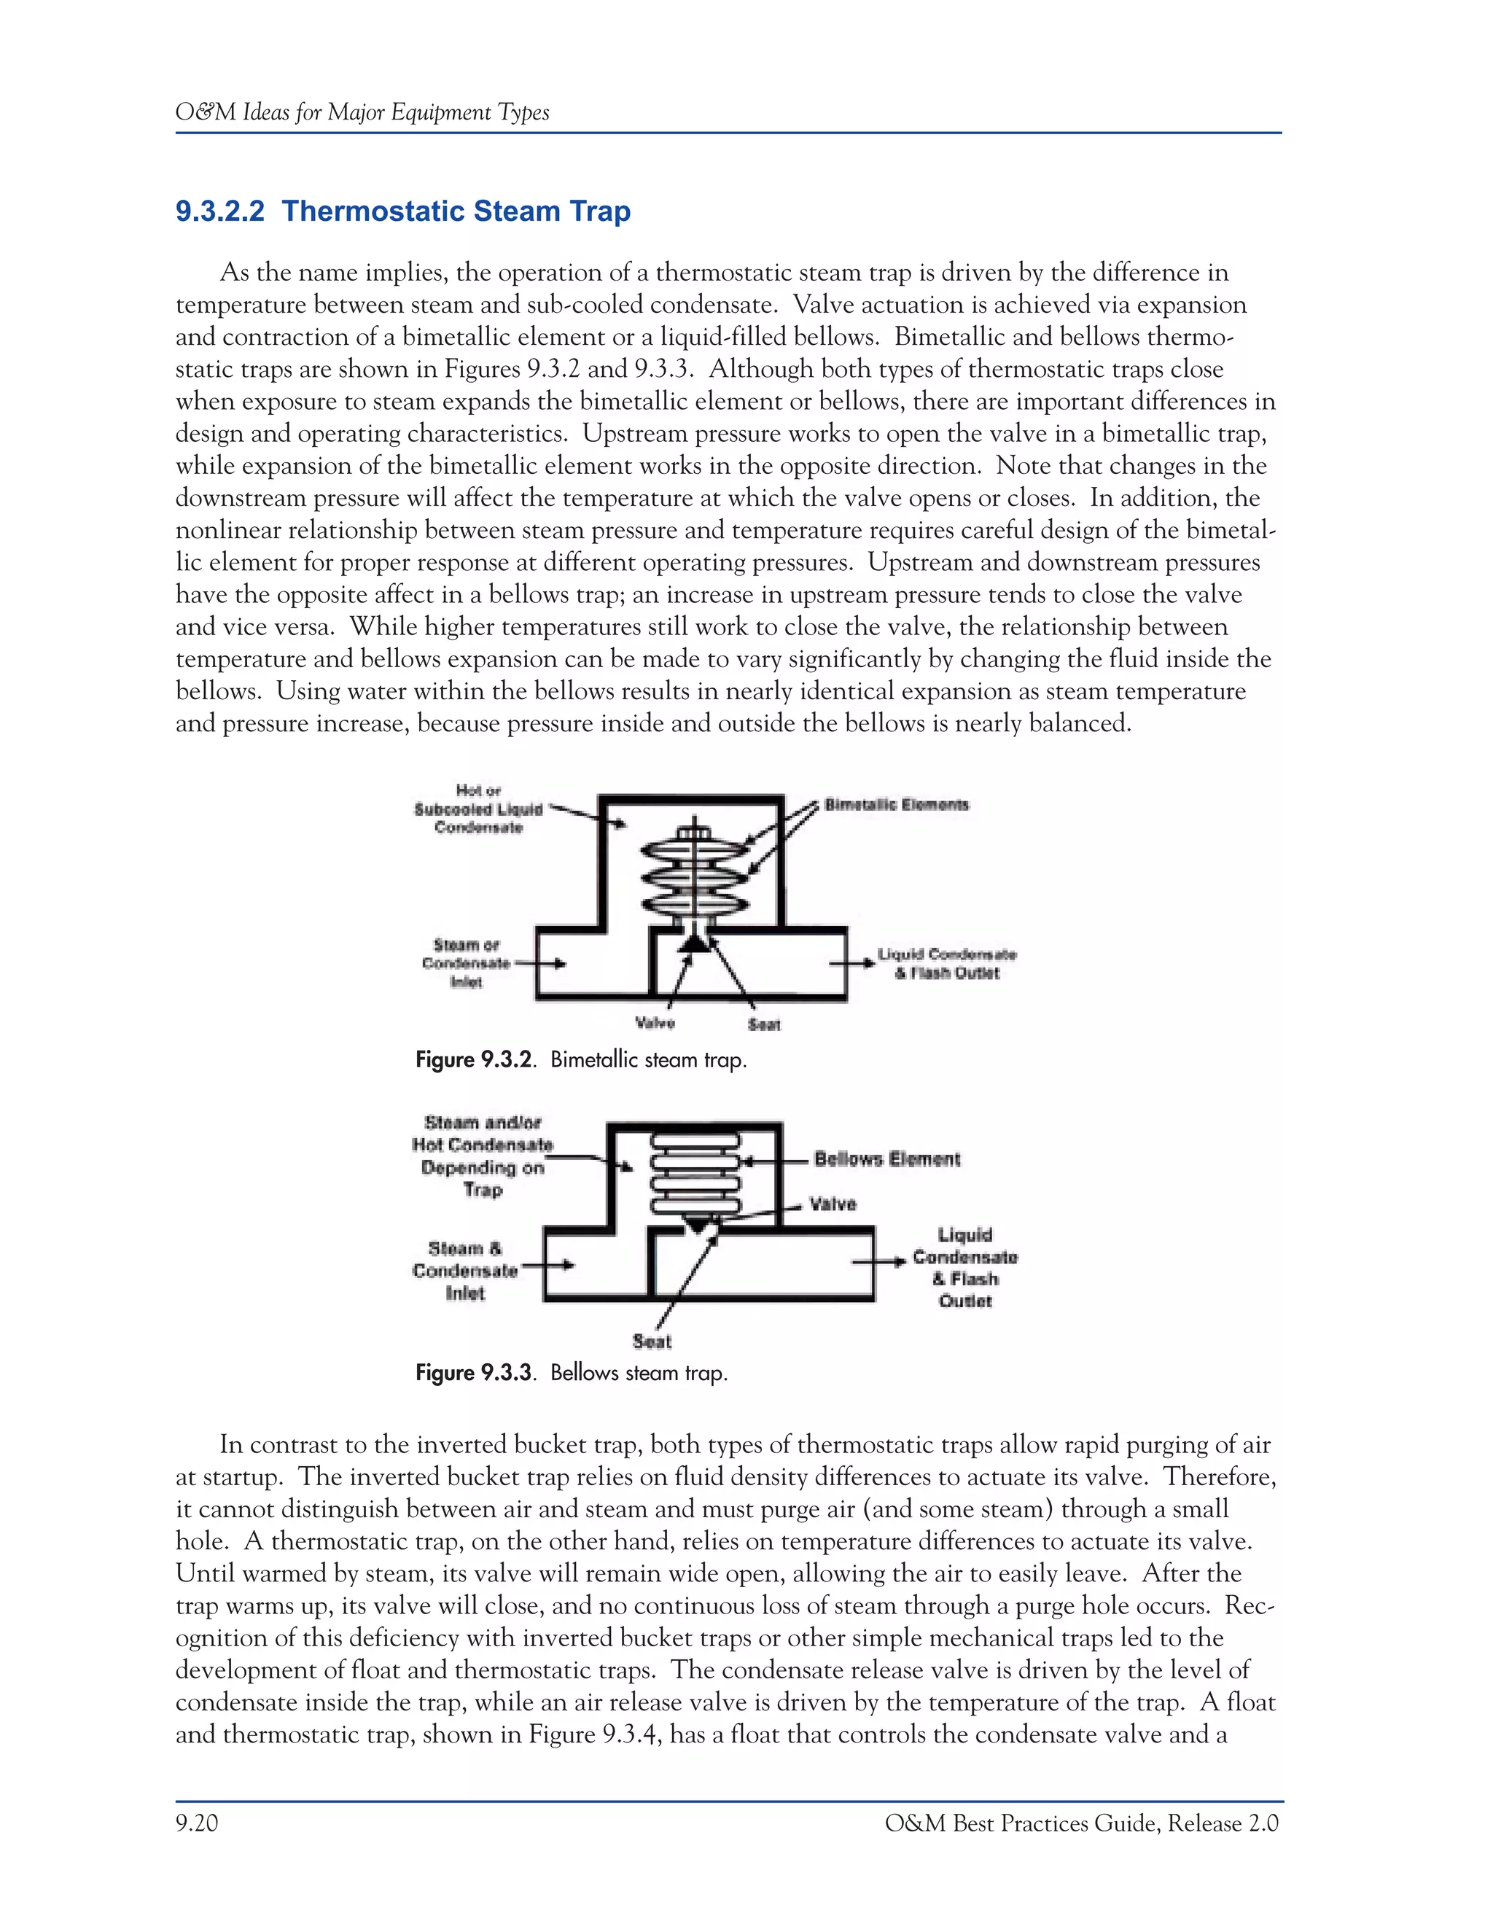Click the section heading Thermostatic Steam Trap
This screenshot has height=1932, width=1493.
coord(402,211)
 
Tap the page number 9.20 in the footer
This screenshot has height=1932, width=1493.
coord(196,1823)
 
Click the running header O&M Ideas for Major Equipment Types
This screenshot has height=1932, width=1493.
coord(362,112)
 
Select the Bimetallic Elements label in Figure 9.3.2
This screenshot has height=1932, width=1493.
coord(896,805)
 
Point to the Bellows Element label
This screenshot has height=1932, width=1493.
coord(886,1159)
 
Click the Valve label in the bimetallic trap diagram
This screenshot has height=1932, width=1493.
coord(655,1023)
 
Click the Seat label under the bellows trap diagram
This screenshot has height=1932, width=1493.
coord(652,1341)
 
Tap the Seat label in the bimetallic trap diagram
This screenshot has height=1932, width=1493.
coord(763,1024)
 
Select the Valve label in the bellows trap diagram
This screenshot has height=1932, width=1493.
coord(833,1204)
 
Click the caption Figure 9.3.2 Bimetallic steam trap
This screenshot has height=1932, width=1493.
coord(581,1060)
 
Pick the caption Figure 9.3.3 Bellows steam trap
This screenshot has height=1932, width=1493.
coord(572,1373)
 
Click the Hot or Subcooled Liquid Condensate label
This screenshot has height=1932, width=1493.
coord(478,809)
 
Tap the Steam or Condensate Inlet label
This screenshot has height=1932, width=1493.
coord(466,963)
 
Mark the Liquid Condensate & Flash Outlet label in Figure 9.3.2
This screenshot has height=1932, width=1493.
coord(946,963)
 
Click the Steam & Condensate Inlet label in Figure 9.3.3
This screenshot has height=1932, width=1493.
coord(464,1270)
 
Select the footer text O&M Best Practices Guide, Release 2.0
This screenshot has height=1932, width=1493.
coord(1081,1823)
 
